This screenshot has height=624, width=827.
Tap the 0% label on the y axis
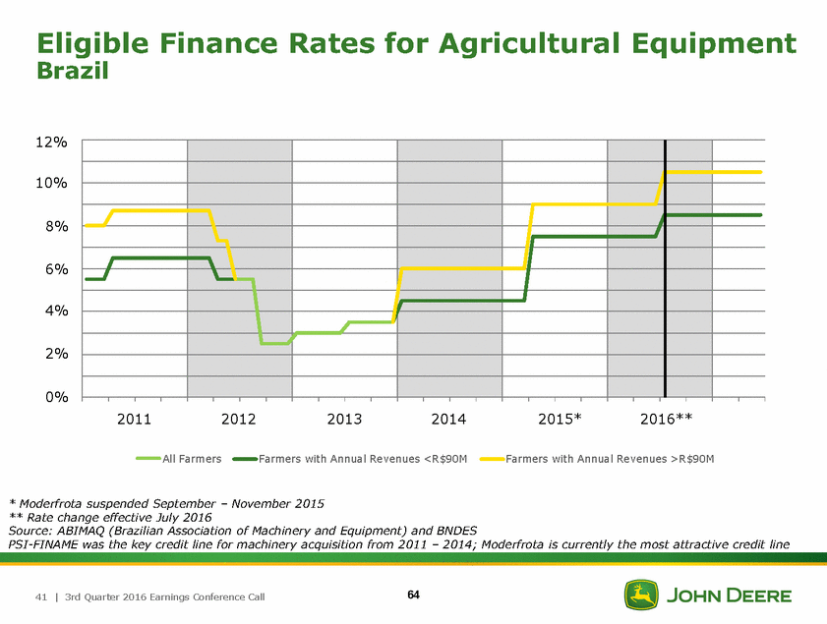(x=55, y=397)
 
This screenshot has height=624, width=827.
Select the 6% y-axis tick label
(x=55, y=269)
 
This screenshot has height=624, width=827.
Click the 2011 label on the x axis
(x=134, y=421)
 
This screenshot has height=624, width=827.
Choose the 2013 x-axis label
(x=344, y=421)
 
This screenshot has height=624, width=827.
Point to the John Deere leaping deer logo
(x=642, y=596)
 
